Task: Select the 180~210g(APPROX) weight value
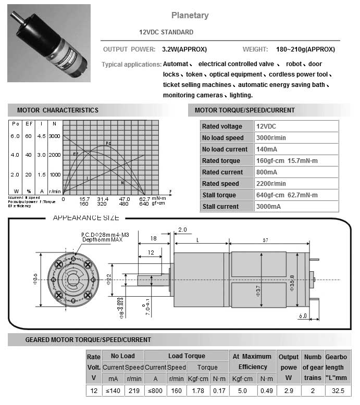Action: point(305,49)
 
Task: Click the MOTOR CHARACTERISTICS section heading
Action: point(57,110)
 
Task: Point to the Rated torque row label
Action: point(221,161)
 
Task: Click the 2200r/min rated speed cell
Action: point(271,184)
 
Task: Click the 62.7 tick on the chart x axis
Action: point(144,199)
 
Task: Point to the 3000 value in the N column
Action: point(54,136)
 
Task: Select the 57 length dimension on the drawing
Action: point(266,241)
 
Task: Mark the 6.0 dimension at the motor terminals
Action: point(303,315)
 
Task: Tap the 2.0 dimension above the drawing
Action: point(182,230)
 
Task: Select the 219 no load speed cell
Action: point(134,390)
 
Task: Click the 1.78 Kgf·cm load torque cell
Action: point(198,390)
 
